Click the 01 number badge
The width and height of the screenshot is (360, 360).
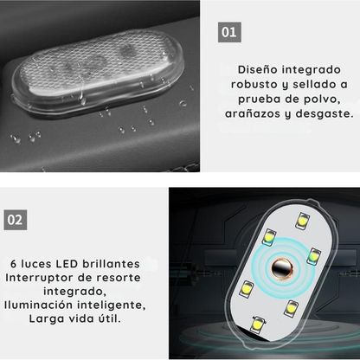pos(229,32)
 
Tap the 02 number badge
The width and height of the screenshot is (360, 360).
pos(16,219)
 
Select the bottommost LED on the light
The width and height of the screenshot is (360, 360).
pos(256,323)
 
